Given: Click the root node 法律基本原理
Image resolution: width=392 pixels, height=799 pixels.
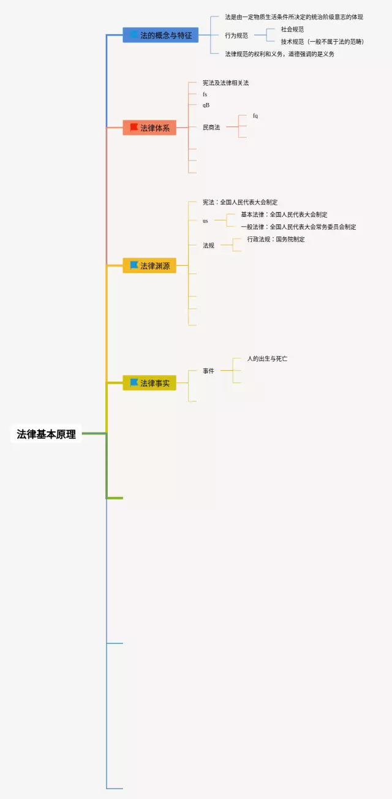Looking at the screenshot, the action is [x=47, y=434].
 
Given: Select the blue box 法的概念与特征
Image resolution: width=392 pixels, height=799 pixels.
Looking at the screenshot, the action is [x=160, y=36].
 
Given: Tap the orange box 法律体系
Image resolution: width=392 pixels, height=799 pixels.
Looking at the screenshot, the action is [x=149, y=128].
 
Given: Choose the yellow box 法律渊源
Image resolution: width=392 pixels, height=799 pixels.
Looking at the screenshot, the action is [x=149, y=266].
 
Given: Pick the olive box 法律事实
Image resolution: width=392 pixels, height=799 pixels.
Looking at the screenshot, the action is [x=149, y=383].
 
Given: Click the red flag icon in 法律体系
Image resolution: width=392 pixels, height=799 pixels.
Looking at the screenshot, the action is [x=134, y=127].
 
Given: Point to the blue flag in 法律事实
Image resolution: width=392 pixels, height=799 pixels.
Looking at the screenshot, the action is [x=134, y=382].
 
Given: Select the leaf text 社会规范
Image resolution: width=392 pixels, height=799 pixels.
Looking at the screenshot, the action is [x=292, y=29].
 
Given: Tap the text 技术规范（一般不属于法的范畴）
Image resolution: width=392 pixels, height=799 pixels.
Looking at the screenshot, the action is [x=322, y=42].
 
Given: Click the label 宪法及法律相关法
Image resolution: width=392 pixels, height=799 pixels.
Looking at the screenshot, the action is [x=226, y=83].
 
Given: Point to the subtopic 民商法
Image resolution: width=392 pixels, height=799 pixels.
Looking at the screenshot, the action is [x=211, y=127].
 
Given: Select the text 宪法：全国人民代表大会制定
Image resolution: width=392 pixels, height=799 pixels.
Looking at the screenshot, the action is [x=240, y=202].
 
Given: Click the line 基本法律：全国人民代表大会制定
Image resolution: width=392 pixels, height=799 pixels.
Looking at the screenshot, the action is [x=284, y=214].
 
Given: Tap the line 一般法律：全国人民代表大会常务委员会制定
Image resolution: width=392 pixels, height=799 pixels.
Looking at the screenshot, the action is [x=298, y=227].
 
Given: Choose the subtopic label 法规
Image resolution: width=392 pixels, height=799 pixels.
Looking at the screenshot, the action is [x=209, y=245].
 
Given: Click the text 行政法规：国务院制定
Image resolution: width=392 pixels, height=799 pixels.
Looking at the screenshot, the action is [x=276, y=239].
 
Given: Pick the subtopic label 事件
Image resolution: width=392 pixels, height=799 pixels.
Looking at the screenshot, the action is [x=209, y=371].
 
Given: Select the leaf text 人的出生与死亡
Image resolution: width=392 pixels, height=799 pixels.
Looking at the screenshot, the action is [x=267, y=358].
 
